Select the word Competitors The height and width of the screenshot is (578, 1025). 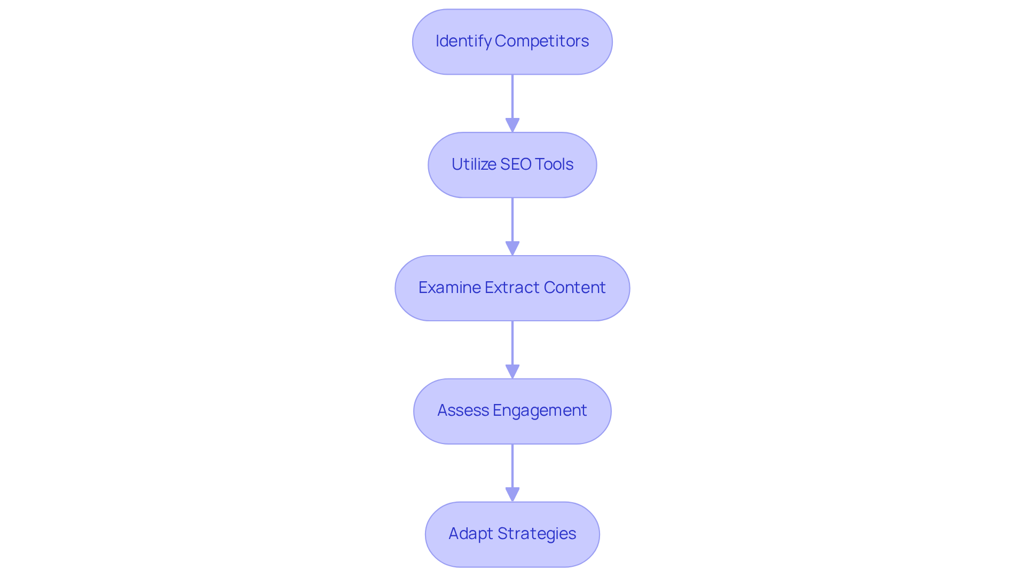(542, 41)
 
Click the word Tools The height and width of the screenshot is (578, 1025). (554, 164)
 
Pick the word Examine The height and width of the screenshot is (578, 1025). (450, 288)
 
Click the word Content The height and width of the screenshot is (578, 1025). (574, 288)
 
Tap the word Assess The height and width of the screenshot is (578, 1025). (463, 410)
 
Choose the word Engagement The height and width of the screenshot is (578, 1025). (540, 410)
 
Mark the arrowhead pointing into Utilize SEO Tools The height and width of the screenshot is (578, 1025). (512, 126)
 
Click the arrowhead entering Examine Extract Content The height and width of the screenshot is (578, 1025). (512, 249)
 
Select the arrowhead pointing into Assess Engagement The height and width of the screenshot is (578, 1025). (512, 372)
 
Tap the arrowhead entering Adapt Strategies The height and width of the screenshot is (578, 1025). (512, 495)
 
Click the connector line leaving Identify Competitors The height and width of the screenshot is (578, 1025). (512, 96)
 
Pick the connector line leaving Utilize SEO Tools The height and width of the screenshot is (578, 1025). (512, 219)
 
